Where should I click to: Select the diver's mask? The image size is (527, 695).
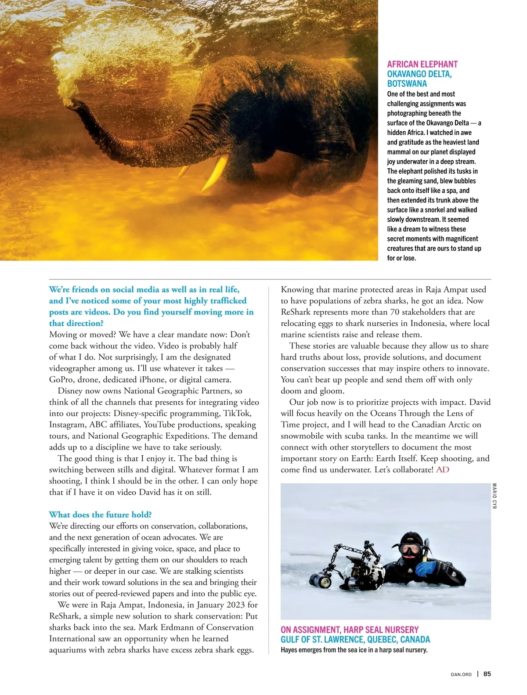(409, 549)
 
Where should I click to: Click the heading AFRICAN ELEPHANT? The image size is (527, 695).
(422, 64)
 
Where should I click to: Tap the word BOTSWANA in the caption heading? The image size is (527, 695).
(407, 83)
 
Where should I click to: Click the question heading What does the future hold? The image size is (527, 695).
(100, 515)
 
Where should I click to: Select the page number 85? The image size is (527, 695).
(487, 674)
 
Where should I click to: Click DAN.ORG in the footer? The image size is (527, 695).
(461, 674)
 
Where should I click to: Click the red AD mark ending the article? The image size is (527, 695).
(443, 470)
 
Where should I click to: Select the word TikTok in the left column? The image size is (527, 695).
(237, 414)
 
